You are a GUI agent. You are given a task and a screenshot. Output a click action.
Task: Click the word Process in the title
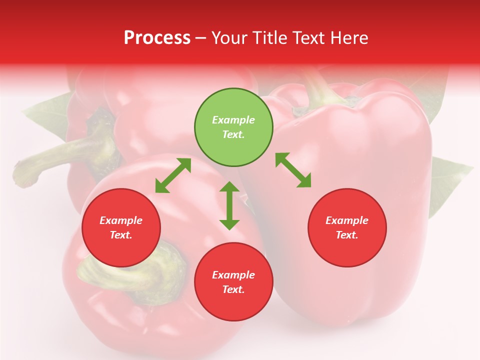157,38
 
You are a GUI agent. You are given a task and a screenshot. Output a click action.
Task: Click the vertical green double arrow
229,205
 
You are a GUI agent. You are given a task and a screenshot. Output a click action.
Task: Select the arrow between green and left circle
173,175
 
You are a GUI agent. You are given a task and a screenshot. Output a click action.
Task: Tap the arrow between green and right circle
293,170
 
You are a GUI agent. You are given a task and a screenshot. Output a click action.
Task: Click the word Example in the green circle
233,120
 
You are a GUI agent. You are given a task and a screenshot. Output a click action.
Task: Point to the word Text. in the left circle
121,235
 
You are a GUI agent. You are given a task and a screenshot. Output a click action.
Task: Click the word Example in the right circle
347,220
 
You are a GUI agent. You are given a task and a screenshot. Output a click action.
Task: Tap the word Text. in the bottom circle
233,289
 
